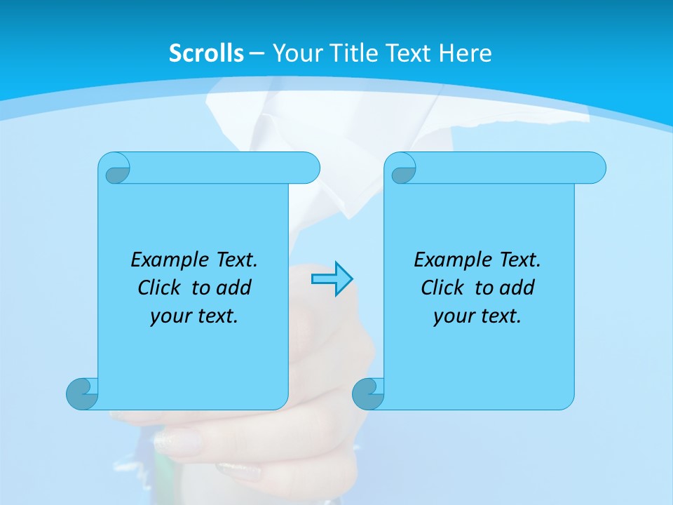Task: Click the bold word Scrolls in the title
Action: pos(207,53)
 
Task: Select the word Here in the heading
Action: pos(465,53)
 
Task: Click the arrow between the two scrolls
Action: pos(332,279)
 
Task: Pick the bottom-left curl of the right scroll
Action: pos(368,393)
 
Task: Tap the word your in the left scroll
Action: pos(169,316)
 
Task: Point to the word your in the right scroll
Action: pos(452,316)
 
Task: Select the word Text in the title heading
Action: pos(407,53)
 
